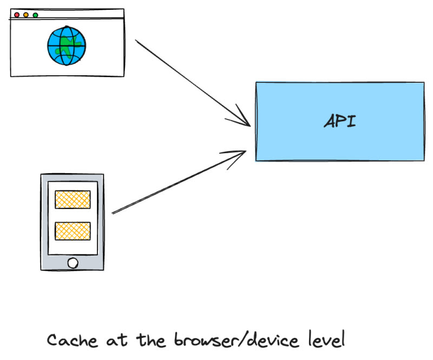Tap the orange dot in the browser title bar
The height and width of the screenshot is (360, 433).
26,15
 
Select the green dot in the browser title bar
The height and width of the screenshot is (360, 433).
35,15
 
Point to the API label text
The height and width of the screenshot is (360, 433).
340,121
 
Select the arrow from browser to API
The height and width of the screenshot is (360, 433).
189,81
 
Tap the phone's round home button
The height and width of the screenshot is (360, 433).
72,263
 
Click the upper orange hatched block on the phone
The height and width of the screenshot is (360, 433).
72,199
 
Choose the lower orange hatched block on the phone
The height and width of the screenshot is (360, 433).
72,231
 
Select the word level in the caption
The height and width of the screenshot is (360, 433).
326,341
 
